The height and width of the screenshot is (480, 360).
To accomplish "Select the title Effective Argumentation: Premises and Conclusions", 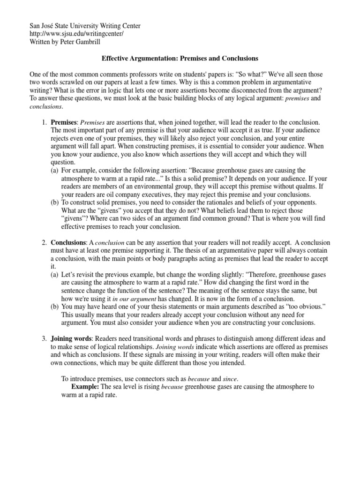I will click(x=180, y=59).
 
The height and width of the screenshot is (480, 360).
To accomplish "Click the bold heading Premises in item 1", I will click(x=63, y=122).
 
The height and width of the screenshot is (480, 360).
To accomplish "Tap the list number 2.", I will click(x=44, y=243).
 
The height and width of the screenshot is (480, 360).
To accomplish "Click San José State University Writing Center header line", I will click(x=85, y=26).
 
